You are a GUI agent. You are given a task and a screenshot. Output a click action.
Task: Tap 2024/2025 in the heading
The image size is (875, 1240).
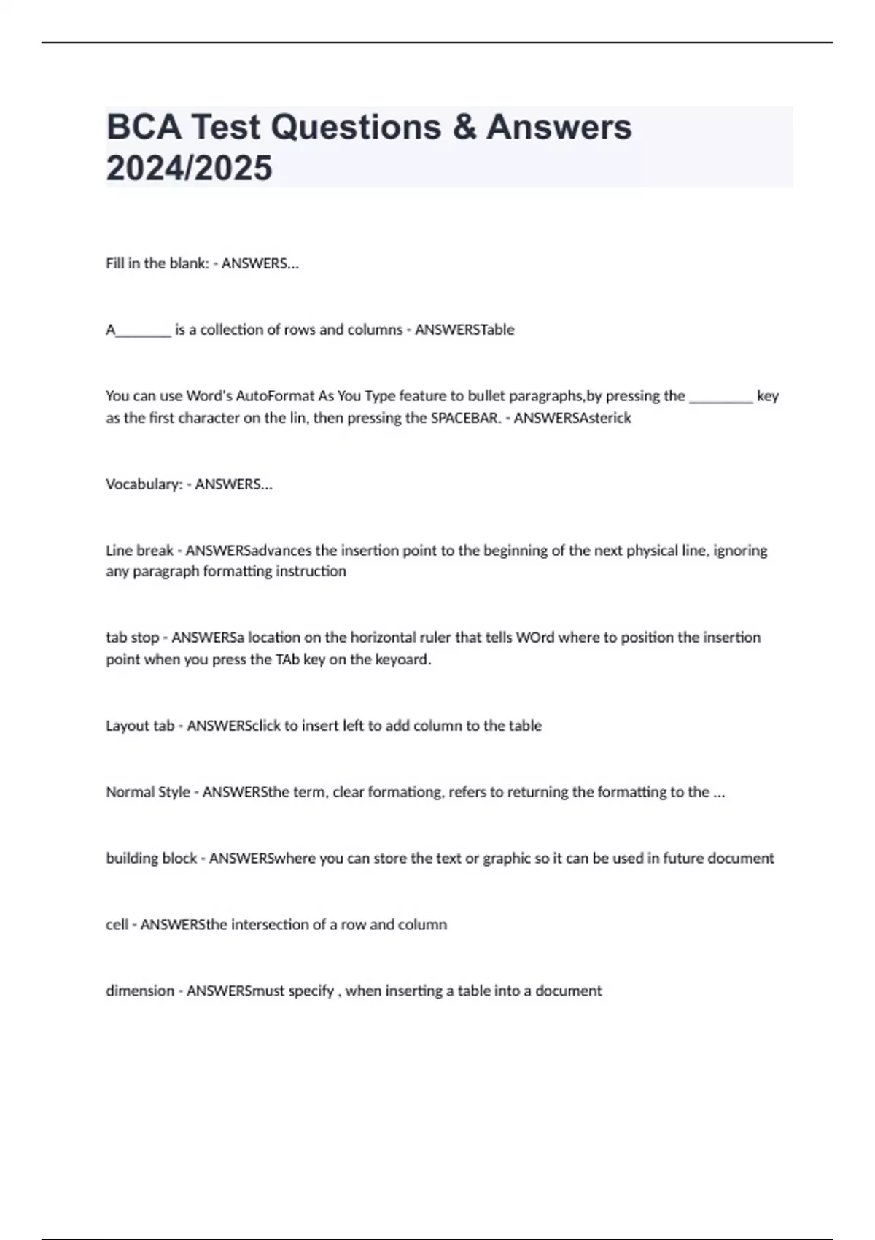coord(189,168)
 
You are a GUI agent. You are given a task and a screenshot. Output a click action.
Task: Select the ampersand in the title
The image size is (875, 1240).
coord(464,127)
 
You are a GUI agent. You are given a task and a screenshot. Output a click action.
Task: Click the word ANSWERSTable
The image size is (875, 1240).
coord(464,330)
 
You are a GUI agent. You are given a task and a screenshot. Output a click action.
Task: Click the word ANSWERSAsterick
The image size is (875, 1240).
coord(572,418)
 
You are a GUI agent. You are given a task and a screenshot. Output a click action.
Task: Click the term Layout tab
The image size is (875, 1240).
coord(140,726)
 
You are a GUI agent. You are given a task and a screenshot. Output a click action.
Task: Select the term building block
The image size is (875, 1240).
coord(151,859)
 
